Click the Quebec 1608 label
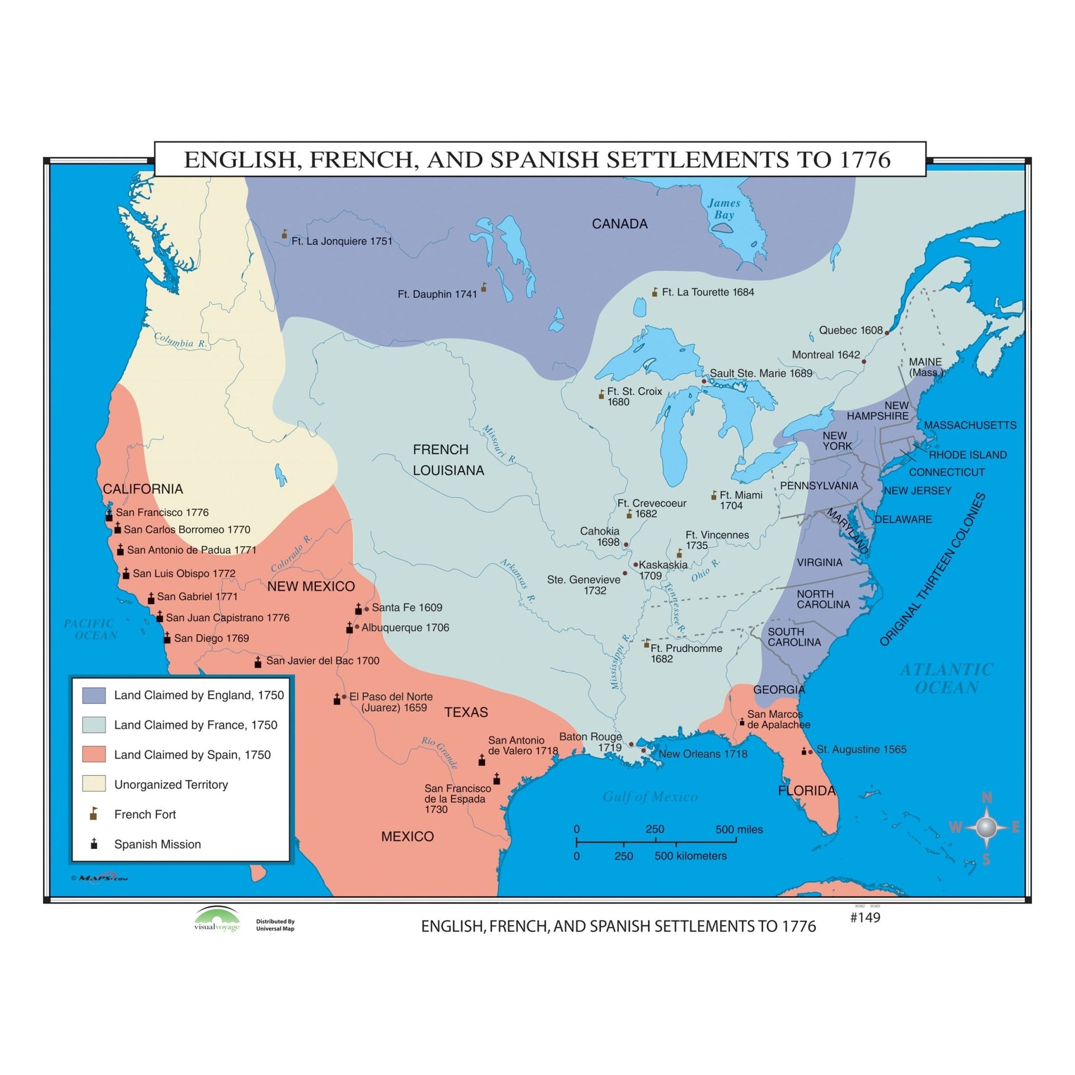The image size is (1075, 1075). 850,330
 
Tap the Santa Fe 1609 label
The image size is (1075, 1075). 406,607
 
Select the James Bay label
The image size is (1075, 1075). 723,209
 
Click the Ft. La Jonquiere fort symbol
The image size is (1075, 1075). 284,234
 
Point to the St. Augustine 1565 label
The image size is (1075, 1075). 861,749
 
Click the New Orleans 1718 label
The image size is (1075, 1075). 703,754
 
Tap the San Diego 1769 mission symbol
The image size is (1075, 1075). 167,638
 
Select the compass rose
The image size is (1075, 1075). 986,827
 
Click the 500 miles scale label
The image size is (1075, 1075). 739,830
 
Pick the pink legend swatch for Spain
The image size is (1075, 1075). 94,754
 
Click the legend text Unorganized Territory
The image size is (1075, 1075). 171,784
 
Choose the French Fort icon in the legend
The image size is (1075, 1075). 94,814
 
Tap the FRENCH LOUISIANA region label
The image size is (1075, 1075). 448,460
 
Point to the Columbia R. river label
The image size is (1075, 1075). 180,340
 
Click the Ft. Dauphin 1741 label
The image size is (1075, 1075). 437,294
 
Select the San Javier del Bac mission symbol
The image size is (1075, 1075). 258,662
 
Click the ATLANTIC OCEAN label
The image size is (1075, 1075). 946,678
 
